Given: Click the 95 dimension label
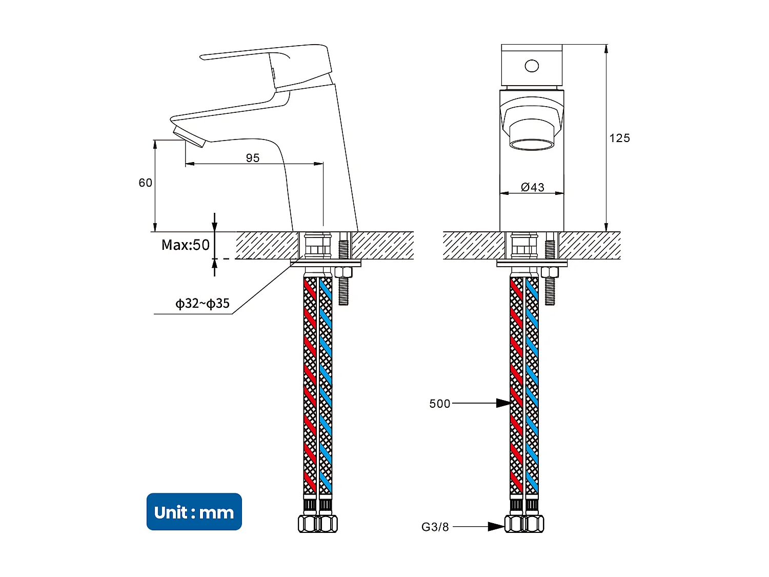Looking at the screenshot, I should point(253,158).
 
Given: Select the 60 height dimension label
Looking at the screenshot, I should point(146,183).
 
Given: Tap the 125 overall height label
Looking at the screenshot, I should point(619,138).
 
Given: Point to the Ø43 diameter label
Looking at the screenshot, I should point(533,187).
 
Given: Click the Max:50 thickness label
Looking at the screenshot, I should point(186,245).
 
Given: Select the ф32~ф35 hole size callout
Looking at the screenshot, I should point(203,304).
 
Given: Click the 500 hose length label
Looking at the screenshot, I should point(439,404).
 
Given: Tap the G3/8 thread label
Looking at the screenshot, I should point(435,527).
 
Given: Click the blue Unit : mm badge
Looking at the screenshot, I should point(194,512).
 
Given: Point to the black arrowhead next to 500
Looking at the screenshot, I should point(503,404).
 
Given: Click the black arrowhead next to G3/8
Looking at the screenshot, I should point(496,527).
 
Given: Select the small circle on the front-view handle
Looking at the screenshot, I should point(532,66).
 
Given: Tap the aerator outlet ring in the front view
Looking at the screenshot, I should point(532,144).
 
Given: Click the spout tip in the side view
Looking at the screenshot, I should point(189,136).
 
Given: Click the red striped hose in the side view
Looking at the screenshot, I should point(310,385).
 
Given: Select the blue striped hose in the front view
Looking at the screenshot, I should point(532,385).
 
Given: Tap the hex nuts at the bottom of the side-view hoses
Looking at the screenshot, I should point(317,524).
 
